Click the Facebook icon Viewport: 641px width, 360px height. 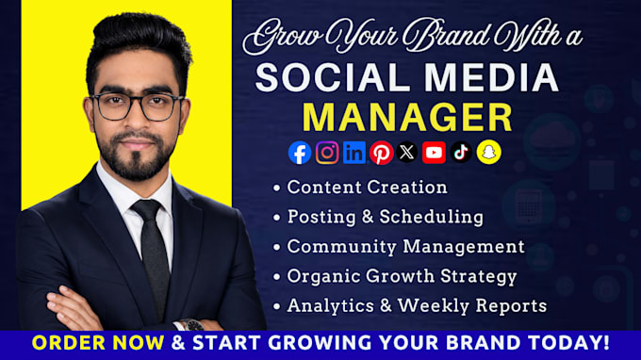(300, 153)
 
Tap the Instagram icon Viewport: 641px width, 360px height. (327, 153)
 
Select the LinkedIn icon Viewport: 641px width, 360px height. (354, 153)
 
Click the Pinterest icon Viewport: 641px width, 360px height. (382, 154)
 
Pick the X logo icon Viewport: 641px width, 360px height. (407, 153)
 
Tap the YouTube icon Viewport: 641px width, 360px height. (434, 153)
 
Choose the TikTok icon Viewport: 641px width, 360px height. (461, 153)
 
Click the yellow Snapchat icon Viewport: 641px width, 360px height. (489, 153)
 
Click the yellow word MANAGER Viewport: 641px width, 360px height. (407, 117)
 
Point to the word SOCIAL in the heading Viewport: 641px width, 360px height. (333, 77)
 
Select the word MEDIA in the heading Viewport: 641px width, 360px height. (491, 77)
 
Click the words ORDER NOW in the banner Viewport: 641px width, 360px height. (98, 342)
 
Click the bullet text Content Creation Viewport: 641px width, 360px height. (367, 188)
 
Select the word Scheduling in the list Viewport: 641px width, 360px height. (432, 217)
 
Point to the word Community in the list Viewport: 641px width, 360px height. (342, 247)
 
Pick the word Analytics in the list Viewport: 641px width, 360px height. (330, 306)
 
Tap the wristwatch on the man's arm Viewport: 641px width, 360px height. (191, 325)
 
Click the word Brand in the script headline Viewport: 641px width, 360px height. (446, 36)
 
